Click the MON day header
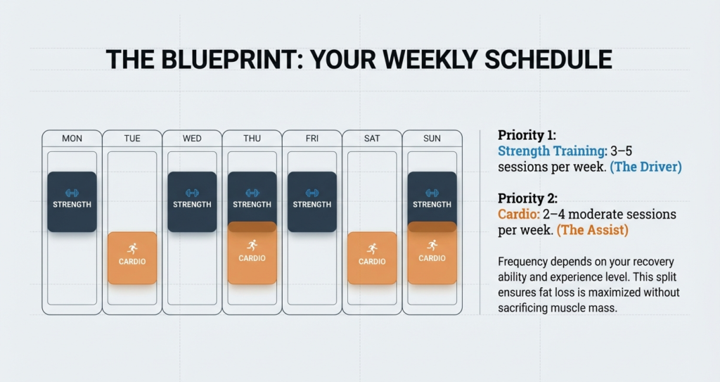click(72, 139)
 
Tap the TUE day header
click(132, 139)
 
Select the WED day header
click(192, 139)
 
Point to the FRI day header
click(312, 139)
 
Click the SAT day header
click(372, 139)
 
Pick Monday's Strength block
click(72, 201)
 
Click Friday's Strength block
click(312, 201)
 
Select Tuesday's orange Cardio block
click(132, 258)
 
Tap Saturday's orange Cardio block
click(372, 258)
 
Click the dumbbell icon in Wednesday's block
click(192, 193)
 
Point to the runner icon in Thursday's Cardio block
click(252, 246)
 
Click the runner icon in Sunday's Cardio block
click(432, 246)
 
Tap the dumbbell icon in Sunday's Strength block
click(432, 193)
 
